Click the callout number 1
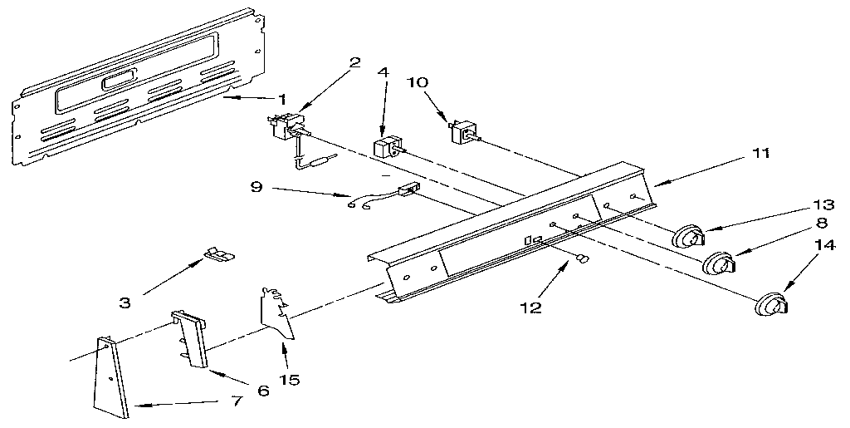[x=281, y=100]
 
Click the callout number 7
[x=237, y=402]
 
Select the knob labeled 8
[x=720, y=263]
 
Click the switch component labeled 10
[x=463, y=132]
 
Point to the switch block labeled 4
[x=388, y=147]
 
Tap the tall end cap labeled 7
[x=112, y=377]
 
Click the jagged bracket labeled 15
[x=277, y=314]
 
